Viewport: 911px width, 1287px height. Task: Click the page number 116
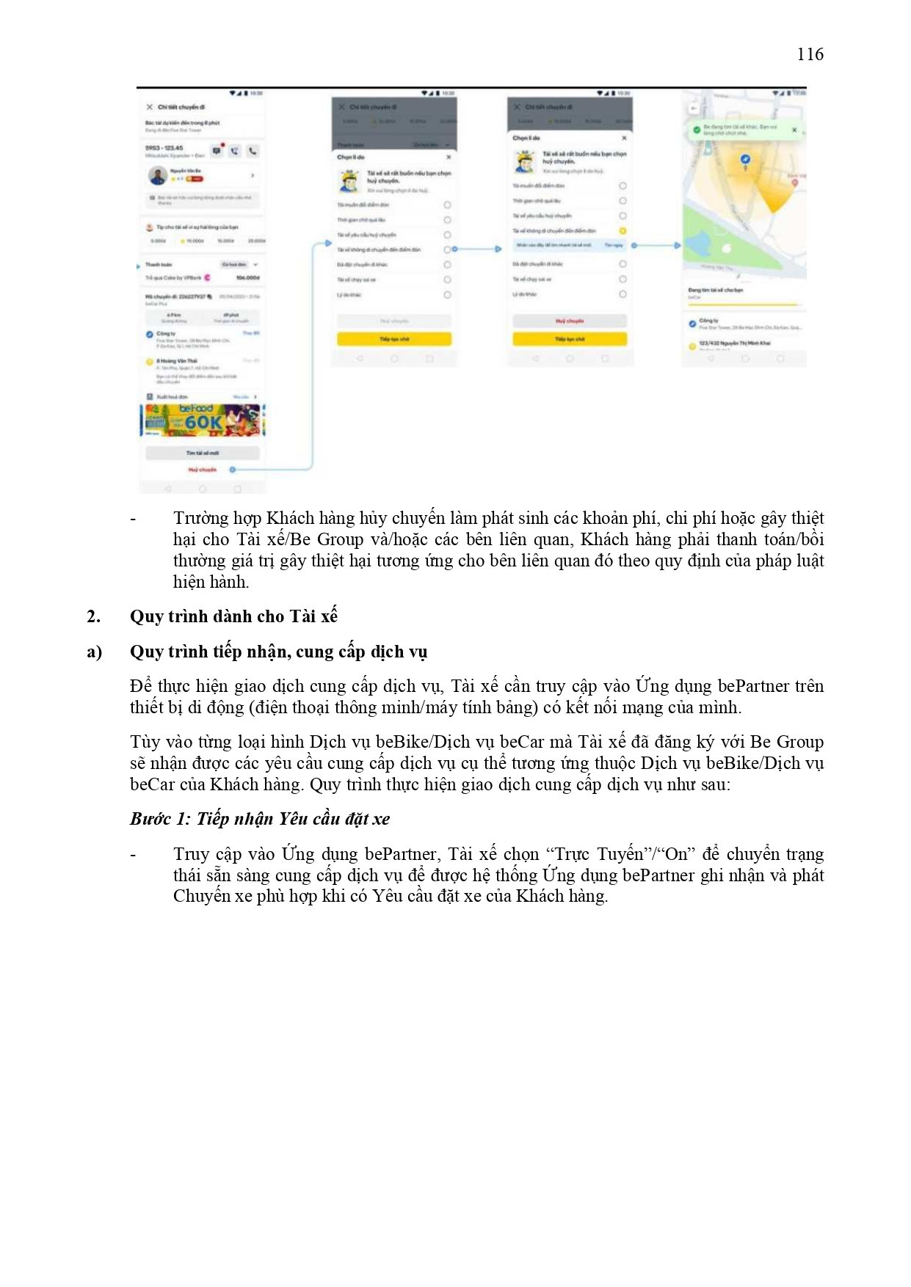[x=810, y=54]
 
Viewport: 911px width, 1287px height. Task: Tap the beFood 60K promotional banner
[x=203, y=420]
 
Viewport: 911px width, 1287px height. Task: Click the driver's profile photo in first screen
[x=156, y=176]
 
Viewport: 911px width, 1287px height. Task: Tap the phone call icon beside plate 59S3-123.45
[x=253, y=151]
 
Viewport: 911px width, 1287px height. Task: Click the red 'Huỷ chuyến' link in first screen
[x=203, y=469]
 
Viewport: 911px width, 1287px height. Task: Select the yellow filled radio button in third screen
[x=623, y=231]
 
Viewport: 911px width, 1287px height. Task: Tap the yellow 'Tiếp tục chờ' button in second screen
[x=394, y=339]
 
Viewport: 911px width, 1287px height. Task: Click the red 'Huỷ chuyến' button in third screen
[x=570, y=321]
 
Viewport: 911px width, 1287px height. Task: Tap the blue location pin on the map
[x=746, y=159]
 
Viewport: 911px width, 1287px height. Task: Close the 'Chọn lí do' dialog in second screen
[x=449, y=157]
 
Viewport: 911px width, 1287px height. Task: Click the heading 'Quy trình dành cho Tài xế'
[x=233, y=616]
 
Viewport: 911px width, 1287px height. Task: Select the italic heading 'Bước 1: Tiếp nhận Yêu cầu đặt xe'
[x=260, y=819]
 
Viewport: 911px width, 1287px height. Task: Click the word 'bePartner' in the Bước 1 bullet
[x=402, y=854]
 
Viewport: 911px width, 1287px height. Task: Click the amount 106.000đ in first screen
[x=247, y=278]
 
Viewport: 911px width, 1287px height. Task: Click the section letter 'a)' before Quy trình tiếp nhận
[x=94, y=652]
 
